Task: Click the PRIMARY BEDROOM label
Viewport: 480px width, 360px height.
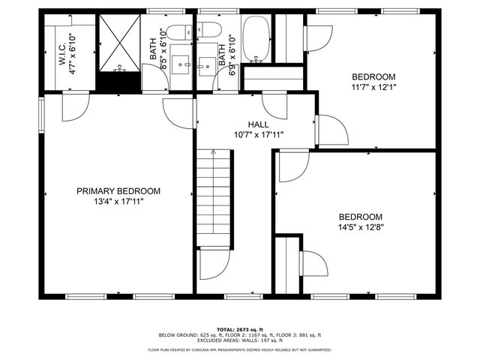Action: pos(118,191)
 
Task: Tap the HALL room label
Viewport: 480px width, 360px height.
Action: pos(259,124)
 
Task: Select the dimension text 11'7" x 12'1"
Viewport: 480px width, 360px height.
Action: pos(373,87)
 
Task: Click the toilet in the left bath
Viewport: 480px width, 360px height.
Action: pos(179,32)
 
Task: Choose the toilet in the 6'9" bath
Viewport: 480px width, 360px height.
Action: pos(209,32)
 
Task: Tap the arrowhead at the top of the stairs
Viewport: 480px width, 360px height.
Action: pos(214,152)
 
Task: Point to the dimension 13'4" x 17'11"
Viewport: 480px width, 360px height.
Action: pos(118,202)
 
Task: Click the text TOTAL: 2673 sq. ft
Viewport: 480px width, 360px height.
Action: pos(239,329)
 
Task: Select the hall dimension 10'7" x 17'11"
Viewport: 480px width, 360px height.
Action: pos(259,135)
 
